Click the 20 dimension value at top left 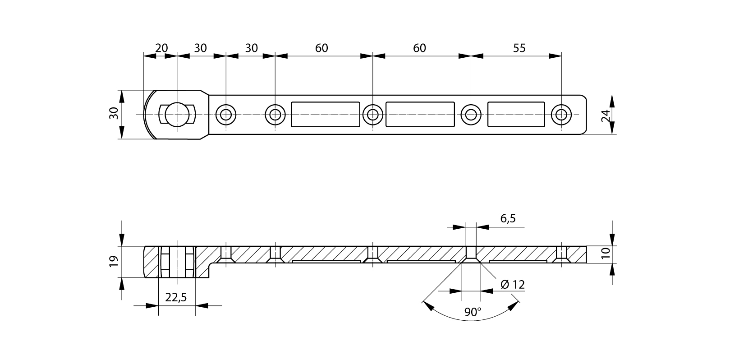tap(161, 48)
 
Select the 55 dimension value tap(519, 48)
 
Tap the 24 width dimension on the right tap(606, 115)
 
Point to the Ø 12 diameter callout tap(513, 284)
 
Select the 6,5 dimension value tap(508, 219)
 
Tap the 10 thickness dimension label tap(606, 253)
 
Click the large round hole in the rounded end tap(177, 115)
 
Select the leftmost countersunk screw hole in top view tap(226, 115)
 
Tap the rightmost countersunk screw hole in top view tap(561, 115)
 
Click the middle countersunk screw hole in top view tap(373, 115)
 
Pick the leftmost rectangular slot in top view tap(326, 115)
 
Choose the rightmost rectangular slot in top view tap(516, 115)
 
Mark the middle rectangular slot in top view tap(420, 115)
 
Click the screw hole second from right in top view tap(471, 115)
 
